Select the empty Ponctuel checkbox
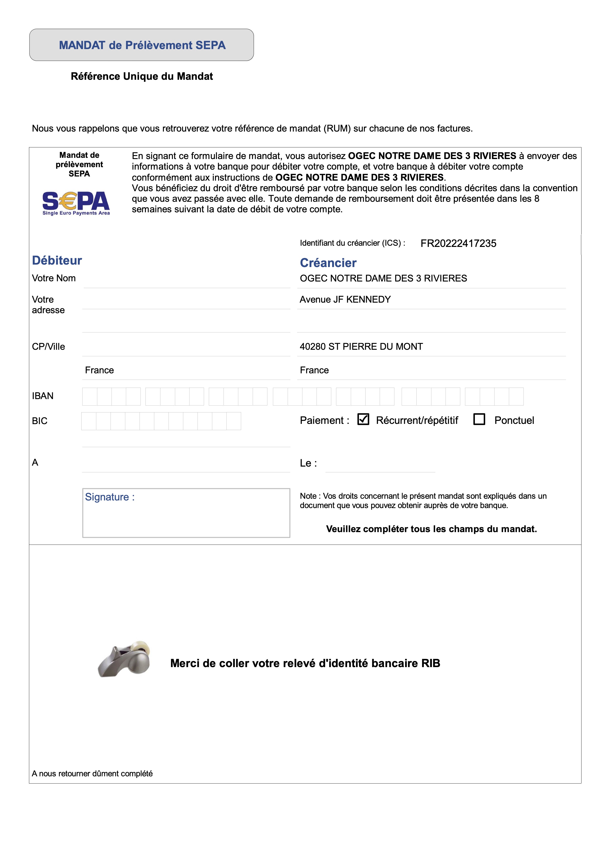pos(479,419)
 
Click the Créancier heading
pos(328,263)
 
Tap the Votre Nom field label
pos(54,278)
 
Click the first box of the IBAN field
pos(90,396)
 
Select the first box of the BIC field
pos(88,421)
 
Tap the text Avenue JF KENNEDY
pos(345,300)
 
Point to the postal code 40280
pos(312,347)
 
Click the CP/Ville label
pos(48,347)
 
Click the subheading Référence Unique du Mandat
pos(142,77)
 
